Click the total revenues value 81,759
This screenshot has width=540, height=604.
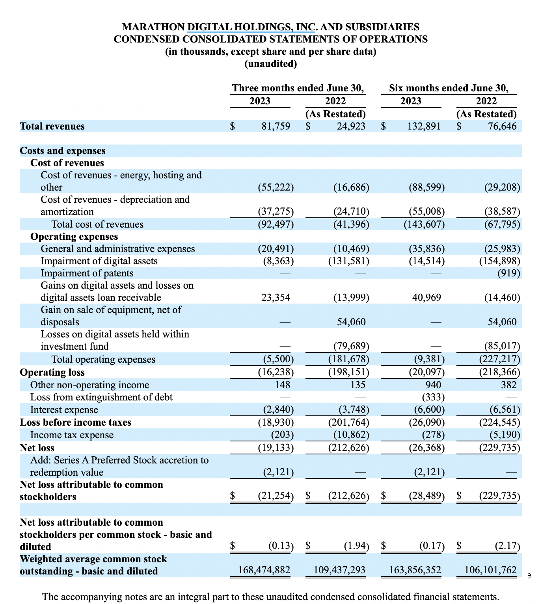point(276,126)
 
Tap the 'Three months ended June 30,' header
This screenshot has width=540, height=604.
point(298,88)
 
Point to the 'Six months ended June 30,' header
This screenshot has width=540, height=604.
point(449,88)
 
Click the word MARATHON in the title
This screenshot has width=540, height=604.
point(153,27)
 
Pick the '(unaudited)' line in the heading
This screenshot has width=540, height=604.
point(270,63)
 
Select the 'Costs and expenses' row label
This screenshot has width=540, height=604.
point(63,151)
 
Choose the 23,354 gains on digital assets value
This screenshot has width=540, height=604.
point(276,298)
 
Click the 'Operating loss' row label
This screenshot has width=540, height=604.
point(52,372)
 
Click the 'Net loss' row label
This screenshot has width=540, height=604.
point(37,448)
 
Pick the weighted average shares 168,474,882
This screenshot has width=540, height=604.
point(264,571)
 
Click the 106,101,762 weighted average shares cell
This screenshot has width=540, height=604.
point(490,571)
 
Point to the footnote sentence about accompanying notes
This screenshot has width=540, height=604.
point(270,597)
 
